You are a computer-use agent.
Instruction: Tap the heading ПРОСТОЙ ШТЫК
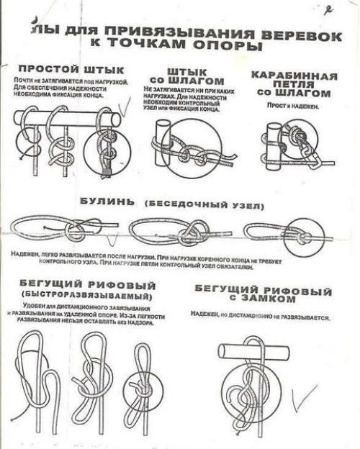point(71,70)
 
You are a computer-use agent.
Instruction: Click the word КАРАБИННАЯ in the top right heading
point(294,76)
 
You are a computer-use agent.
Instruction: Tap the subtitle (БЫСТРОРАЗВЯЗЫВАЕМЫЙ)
point(87,296)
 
